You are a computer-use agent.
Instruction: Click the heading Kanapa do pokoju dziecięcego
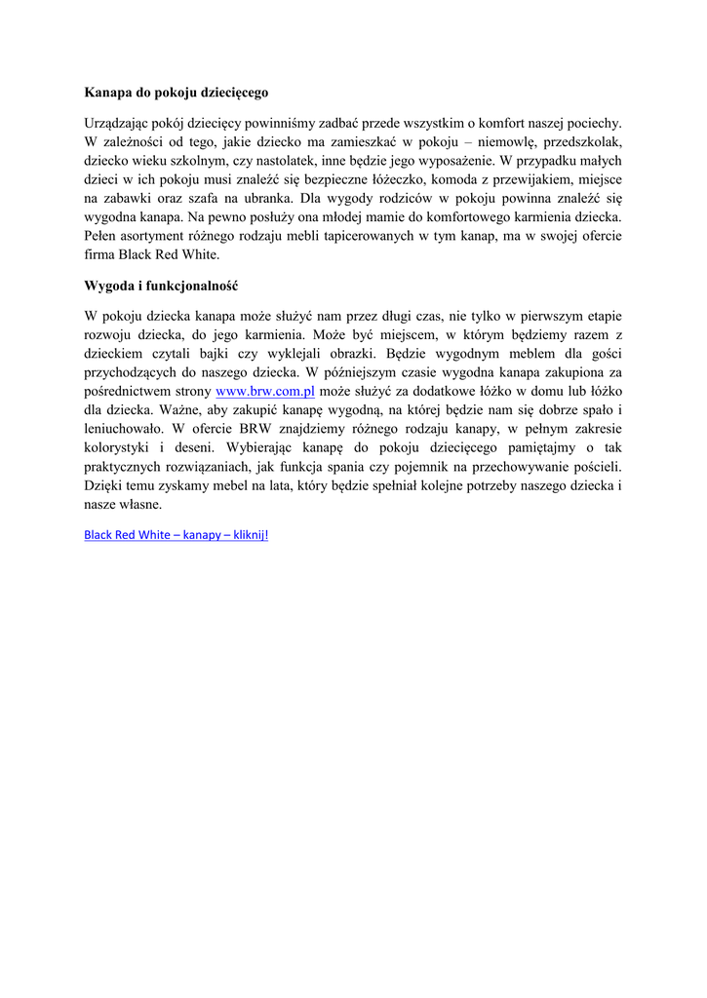pyautogui.click(x=176, y=94)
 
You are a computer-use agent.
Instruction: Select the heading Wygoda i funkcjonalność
pyautogui.click(x=161, y=287)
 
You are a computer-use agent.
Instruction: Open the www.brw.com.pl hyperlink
pyautogui.click(x=264, y=391)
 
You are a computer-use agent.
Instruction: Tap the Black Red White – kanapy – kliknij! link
pyautogui.click(x=176, y=535)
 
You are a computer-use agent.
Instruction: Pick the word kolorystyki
pyautogui.click(x=123, y=447)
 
